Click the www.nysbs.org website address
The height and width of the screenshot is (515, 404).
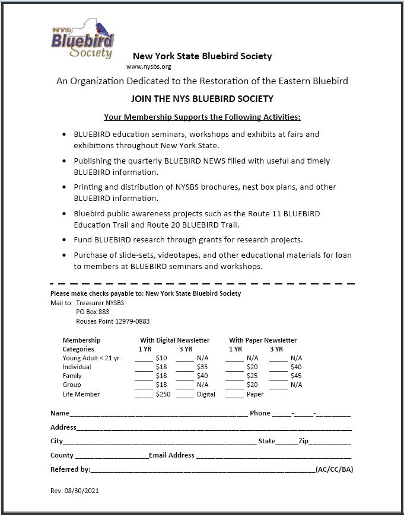pos(149,67)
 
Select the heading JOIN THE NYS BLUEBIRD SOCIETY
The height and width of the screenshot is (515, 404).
pos(202,99)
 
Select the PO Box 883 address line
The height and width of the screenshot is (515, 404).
pos(93,312)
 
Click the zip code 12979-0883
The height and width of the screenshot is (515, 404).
pos(131,321)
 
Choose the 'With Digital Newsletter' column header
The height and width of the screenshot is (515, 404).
pos(174,340)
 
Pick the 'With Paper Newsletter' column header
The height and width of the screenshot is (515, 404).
pos(263,340)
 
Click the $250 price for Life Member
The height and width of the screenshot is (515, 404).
pos(162,394)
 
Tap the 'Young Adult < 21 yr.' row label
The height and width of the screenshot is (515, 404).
pos(92,358)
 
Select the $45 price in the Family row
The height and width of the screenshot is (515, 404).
pos(296,376)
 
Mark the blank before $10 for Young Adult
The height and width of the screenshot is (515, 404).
pos(144,359)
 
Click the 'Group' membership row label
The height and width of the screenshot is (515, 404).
pos(72,385)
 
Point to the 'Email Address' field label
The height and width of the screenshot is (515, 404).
pos(171,455)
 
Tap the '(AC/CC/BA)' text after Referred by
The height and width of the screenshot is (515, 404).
pos(335,469)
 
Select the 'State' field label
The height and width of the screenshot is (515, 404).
pos(267,441)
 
